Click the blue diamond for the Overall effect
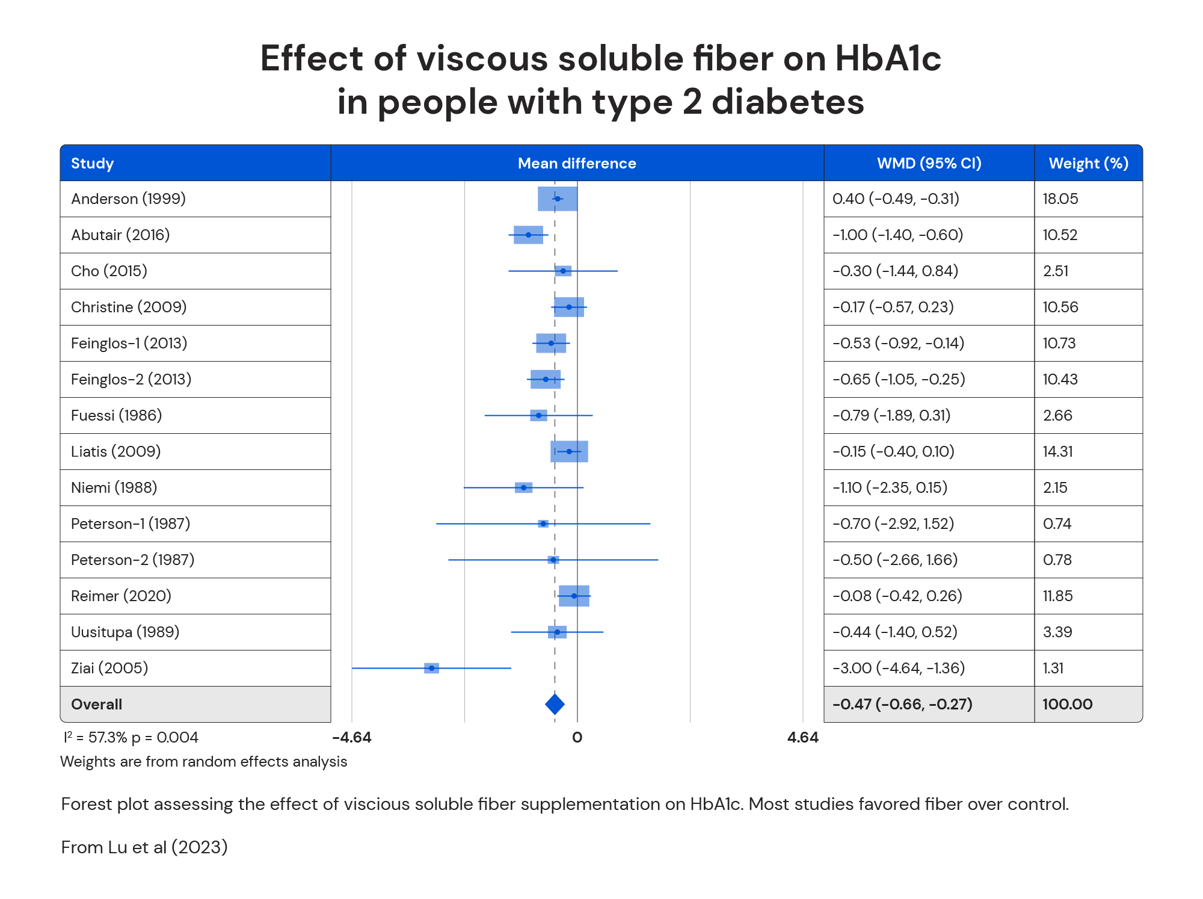[555, 704]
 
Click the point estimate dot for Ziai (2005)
[431, 668]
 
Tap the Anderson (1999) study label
[128, 199]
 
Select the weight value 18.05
[1060, 199]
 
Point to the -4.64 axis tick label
[352, 738]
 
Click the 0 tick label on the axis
[577, 738]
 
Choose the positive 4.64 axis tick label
[802, 738]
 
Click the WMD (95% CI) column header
[929, 163]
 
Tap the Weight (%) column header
[1088, 163]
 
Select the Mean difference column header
[577, 163]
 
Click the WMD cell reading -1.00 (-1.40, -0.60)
[897, 235]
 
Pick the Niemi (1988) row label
[114, 487]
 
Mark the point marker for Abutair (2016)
[528, 235]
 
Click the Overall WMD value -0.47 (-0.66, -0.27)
[902, 704]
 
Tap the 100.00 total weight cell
[1067, 704]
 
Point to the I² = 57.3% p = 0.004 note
[131, 738]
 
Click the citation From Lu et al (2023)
[144, 847]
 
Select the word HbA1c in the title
[888, 59]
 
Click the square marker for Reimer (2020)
[574, 596]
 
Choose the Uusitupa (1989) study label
[125, 632]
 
